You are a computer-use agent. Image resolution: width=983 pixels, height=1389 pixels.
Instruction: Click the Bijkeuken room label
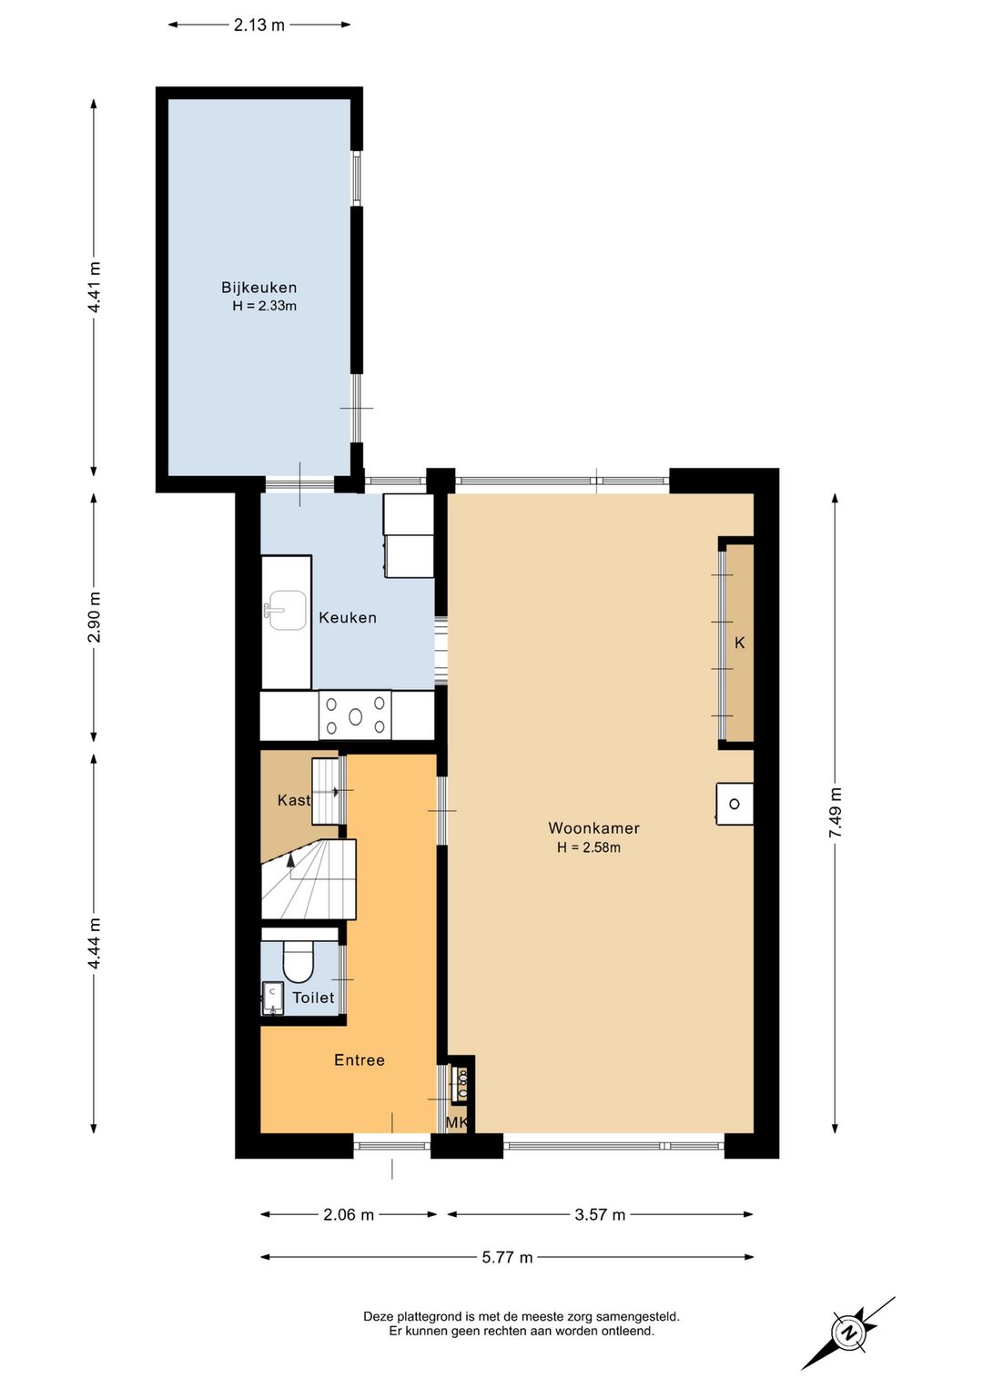tap(258, 288)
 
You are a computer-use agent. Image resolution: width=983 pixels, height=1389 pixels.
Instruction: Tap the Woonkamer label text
tap(593, 827)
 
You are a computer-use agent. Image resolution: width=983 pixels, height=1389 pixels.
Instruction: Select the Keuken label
tap(348, 618)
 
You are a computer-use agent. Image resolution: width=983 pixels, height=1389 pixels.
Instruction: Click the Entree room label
tap(360, 1059)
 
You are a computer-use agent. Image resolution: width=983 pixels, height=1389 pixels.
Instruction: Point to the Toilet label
tap(313, 998)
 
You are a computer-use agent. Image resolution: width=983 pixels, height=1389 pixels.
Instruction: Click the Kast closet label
tap(294, 800)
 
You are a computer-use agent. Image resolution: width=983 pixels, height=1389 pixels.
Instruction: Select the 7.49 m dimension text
tap(836, 813)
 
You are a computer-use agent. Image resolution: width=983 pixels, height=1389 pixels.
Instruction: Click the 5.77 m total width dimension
tap(507, 1257)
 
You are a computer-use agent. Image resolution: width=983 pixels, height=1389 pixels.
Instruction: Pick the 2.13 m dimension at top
tap(259, 25)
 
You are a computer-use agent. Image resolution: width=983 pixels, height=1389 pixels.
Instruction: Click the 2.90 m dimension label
tap(95, 618)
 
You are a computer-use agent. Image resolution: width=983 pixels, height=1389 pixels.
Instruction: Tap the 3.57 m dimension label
tap(600, 1214)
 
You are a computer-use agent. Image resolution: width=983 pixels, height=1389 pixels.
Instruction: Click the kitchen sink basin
tap(285, 610)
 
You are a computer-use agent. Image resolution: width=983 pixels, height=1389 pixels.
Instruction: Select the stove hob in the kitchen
tap(355, 716)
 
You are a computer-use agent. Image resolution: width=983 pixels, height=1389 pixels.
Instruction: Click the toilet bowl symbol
tap(299, 962)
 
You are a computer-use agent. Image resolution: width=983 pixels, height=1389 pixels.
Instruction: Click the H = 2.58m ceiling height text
tap(589, 847)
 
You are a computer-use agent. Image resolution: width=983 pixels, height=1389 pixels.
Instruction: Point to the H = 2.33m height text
tap(264, 306)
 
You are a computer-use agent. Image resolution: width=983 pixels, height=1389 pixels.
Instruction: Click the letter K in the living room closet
tap(739, 643)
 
